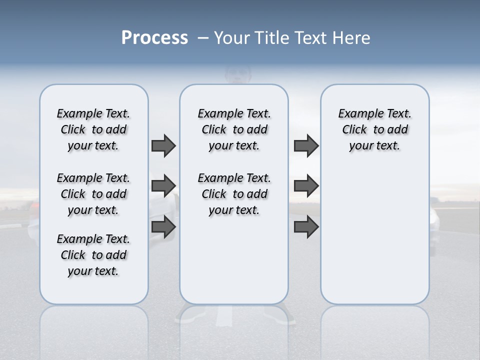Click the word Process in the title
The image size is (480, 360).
coord(154,37)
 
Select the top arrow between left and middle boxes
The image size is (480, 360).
coord(163,145)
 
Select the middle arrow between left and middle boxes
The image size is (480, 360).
coord(163,186)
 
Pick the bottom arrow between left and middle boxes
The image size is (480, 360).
coord(163,227)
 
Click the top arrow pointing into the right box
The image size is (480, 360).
coord(306,145)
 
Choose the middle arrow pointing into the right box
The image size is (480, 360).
coord(306,186)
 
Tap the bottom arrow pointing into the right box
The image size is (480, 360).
coord(306,227)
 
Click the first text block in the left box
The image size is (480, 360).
coord(93,129)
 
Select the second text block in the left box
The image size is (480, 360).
coord(93,194)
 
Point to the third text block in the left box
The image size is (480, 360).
coord(93,255)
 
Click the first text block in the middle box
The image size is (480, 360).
coord(234,129)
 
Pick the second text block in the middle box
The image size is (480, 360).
coord(234,194)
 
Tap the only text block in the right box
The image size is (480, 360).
coord(374,129)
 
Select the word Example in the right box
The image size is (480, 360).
coord(357,114)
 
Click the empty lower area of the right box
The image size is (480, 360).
coord(374,240)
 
